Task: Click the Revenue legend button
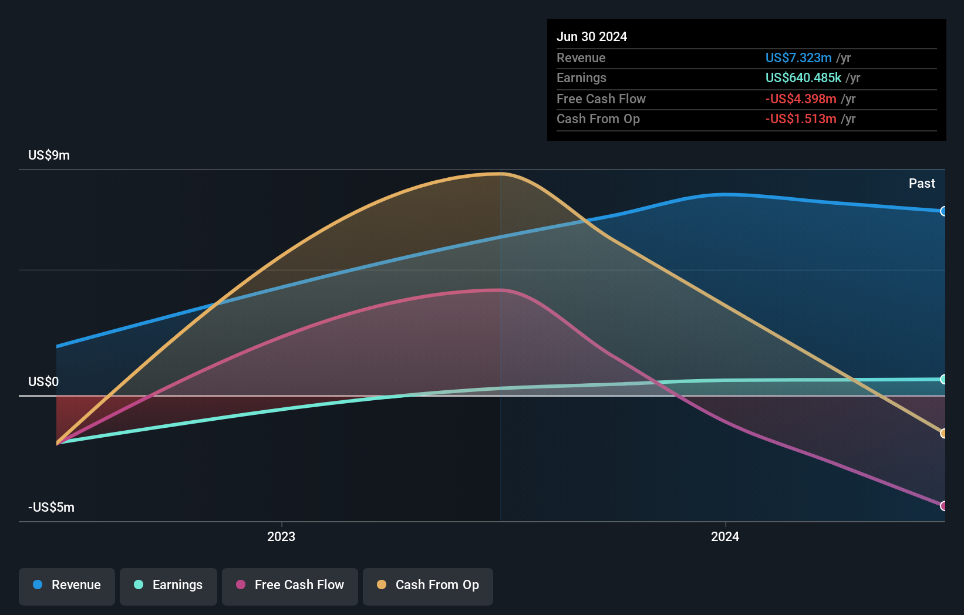click(67, 585)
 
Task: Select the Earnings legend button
click(168, 585)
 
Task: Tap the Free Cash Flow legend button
click(290, 585)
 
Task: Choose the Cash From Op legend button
click(428, 585)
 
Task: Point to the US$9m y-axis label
click(49, 155)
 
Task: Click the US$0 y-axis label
click(43, 381)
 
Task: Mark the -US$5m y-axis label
click(51, 507)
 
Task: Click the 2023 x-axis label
click(281, 536)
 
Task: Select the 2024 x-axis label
click(725, 536)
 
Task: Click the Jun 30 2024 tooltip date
click(592, 36)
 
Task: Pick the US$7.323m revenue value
click(798, 58)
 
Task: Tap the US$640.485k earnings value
click(803, 77)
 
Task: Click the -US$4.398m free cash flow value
click(801, 99)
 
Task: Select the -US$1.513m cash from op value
click(801, 119)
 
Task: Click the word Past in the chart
click(922, 183)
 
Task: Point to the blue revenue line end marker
click(943, 211)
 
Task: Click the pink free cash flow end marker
click(943, 506)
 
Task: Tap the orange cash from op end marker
click(943, 433)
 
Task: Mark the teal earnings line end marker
click(943, 379)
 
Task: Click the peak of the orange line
click(500, 174)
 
